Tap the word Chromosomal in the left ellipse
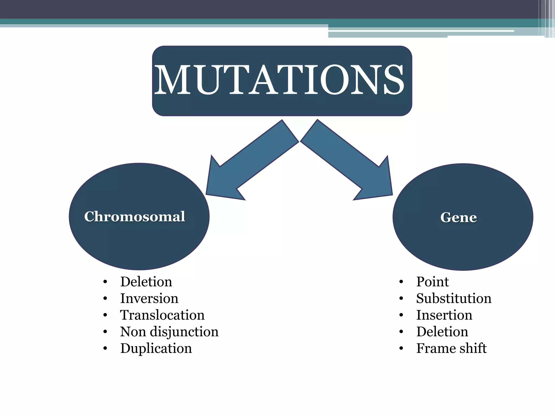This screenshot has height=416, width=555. (x=135, y=217)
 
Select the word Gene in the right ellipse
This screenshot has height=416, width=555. (x=459, y=217)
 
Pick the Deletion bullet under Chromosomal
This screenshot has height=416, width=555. (x=146, y=282)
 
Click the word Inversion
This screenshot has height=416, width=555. (x=149, y=298)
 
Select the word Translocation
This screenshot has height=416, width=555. (x=162, y=315)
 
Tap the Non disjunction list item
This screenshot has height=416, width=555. (x=169, y=332)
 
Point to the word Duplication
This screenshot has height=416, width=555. (x=156, y=348)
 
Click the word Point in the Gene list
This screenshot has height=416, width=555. (x=433, y=282)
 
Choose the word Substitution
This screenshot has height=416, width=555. (x=454, y=298)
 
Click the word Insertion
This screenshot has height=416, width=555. (x=444, y=315)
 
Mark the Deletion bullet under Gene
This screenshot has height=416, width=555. (x=442, y=332)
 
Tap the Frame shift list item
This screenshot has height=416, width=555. (x=451, y=348)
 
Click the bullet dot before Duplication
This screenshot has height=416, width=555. (x=105, y=349)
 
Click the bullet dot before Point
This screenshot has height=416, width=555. (x=401, y=282)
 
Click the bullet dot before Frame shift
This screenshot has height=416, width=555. (x=401, y=349)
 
